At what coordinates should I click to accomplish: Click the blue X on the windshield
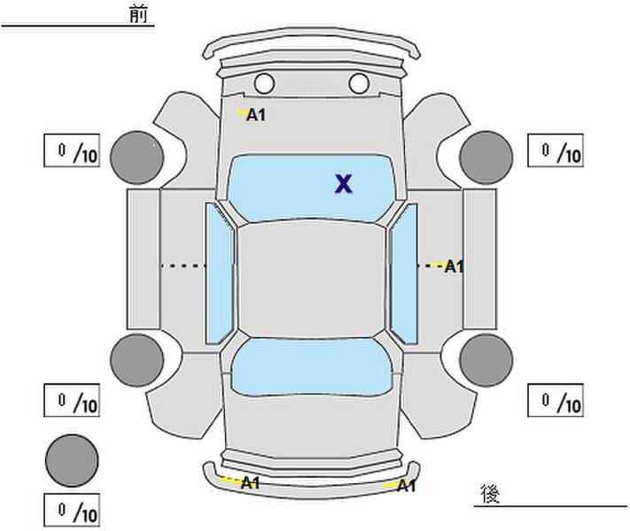(x=344, y=184)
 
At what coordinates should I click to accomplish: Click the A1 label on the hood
(x=256, y=115)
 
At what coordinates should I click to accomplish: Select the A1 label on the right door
(x=455, y=266)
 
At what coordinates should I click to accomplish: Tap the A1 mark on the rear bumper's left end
(x=250, y=483)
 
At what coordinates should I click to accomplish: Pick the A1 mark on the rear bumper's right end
(x=406, y=486)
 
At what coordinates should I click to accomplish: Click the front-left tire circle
(x=137, y=158)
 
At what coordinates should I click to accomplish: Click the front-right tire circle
(x=486, y=158)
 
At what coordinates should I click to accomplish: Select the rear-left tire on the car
(x=137, y=360)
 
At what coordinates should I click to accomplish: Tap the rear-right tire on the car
(x=486, y=360)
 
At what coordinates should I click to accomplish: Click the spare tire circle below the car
(x=72, y=460)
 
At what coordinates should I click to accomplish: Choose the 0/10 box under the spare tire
(x=72, y=510)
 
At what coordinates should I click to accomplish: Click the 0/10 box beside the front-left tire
(x=72, y=150)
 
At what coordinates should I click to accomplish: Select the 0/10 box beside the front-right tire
(x=556, y=150)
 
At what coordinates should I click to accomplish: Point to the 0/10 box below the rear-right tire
(x=556, y=400)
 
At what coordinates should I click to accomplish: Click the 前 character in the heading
(x=138, y=14)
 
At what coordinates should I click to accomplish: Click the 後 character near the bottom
(x=490, y=493)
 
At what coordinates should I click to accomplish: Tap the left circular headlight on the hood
(x=264, y=83)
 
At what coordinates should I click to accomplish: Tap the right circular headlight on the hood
(x=359, y=83)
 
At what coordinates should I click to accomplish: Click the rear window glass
(x=312, y=366)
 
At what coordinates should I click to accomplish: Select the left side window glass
(x=220, y=273)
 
